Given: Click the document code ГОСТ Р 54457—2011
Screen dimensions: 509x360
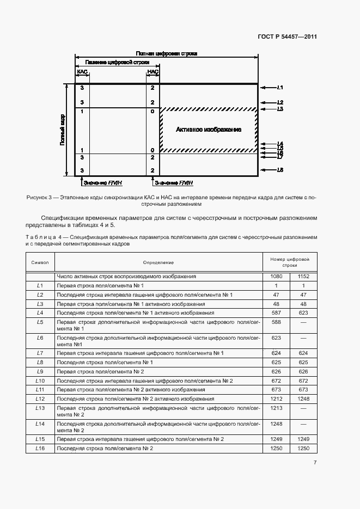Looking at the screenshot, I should pyautogui.click(x=287, y=37).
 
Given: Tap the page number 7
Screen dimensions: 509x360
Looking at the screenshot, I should pyautogui.click(x=315, y=463).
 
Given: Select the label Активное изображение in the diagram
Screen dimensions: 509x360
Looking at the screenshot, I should pyautogui.click(x=208, y=130).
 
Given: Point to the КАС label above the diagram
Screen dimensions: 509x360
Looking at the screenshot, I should pyautogui.click(x=82, y=72).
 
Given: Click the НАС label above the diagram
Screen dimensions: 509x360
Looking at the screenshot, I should pyautogui.click(x=152, y=72).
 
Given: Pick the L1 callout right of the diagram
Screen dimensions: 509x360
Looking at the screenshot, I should pyautogui.click(x=280, y=88).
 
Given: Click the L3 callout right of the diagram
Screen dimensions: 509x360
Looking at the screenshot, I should pyautogui.click(x=280, y=109).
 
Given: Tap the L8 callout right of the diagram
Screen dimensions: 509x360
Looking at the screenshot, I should pyautogui.click(x=280, y=170).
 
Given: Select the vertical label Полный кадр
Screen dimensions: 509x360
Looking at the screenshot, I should pyautogui.click(x=63, y=130).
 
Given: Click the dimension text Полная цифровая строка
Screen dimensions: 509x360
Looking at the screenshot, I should pyautogui.click(x=166, y=54).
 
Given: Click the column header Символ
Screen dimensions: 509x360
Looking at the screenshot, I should pyautogui.click(x=40, y=262).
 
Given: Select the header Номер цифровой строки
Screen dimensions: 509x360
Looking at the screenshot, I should pyautogui.click(x=289, y=262).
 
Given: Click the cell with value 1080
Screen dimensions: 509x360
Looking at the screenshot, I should pyautogui.click(x=276, y=277).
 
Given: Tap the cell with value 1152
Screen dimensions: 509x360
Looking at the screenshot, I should pyautogui.click(x=303, y=277).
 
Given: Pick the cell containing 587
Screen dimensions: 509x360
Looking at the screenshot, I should pyautogui.click(x=276, y=313).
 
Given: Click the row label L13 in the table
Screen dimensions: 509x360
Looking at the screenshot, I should pyautogui.click(x=40, y=408).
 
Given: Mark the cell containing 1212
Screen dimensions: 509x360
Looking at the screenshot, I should pyautogui.click(x=276, y=398).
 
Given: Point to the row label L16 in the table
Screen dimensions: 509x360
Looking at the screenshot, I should pyautogui.click(x=40, y=448).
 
